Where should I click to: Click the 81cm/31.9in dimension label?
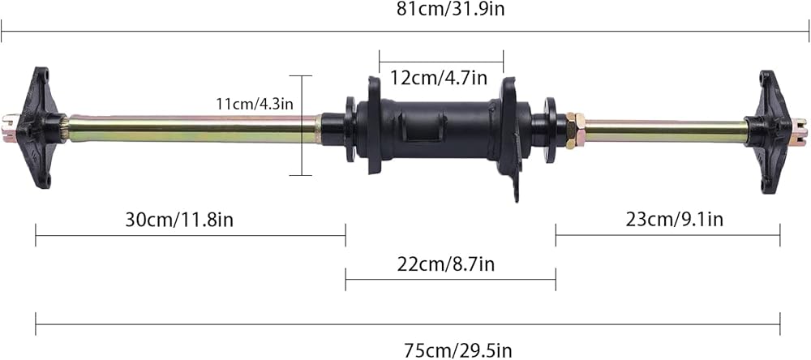tap(450, 9)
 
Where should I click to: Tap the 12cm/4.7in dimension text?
tap(439, 78)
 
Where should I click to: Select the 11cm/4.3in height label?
tap(255, 104)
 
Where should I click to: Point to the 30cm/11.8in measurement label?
tap(179, 220)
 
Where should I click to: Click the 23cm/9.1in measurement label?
tap(675, 219)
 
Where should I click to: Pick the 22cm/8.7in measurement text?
tap(446, 264)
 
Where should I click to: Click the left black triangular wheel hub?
tap(41, 127)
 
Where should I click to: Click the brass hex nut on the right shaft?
tap(576, 131)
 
